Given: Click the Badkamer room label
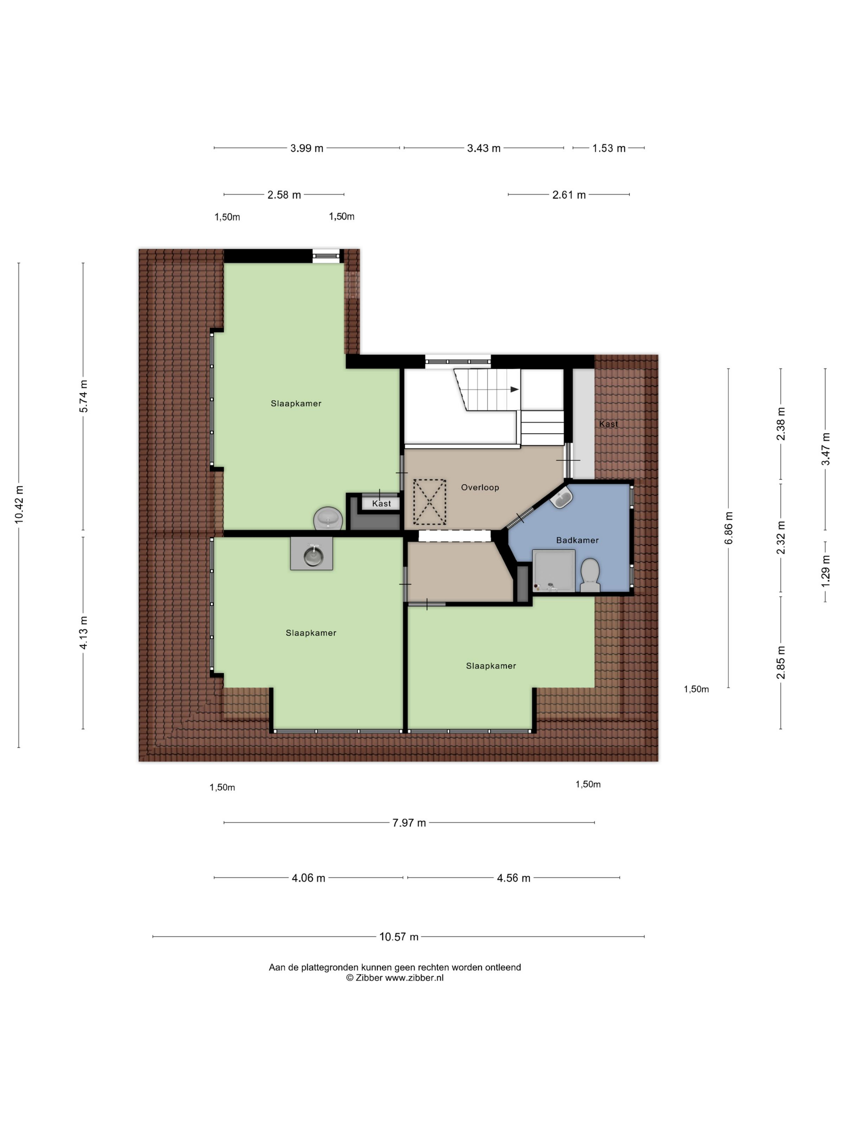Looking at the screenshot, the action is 577,540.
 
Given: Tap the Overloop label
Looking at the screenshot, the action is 480,487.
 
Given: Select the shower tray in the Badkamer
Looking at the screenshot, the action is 554,571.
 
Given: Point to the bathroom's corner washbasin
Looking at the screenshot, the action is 561,498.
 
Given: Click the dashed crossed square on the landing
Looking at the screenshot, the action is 429,502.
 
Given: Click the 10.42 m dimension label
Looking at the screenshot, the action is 19,505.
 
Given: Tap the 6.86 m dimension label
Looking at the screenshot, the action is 729,528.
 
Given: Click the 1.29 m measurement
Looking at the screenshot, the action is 825,570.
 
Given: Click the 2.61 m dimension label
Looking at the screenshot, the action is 569,195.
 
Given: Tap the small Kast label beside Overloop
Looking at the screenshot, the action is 381,503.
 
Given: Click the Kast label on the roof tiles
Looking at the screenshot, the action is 608,423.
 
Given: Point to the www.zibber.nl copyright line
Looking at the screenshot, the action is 395,978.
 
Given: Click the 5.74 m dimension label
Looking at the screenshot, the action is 84,396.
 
